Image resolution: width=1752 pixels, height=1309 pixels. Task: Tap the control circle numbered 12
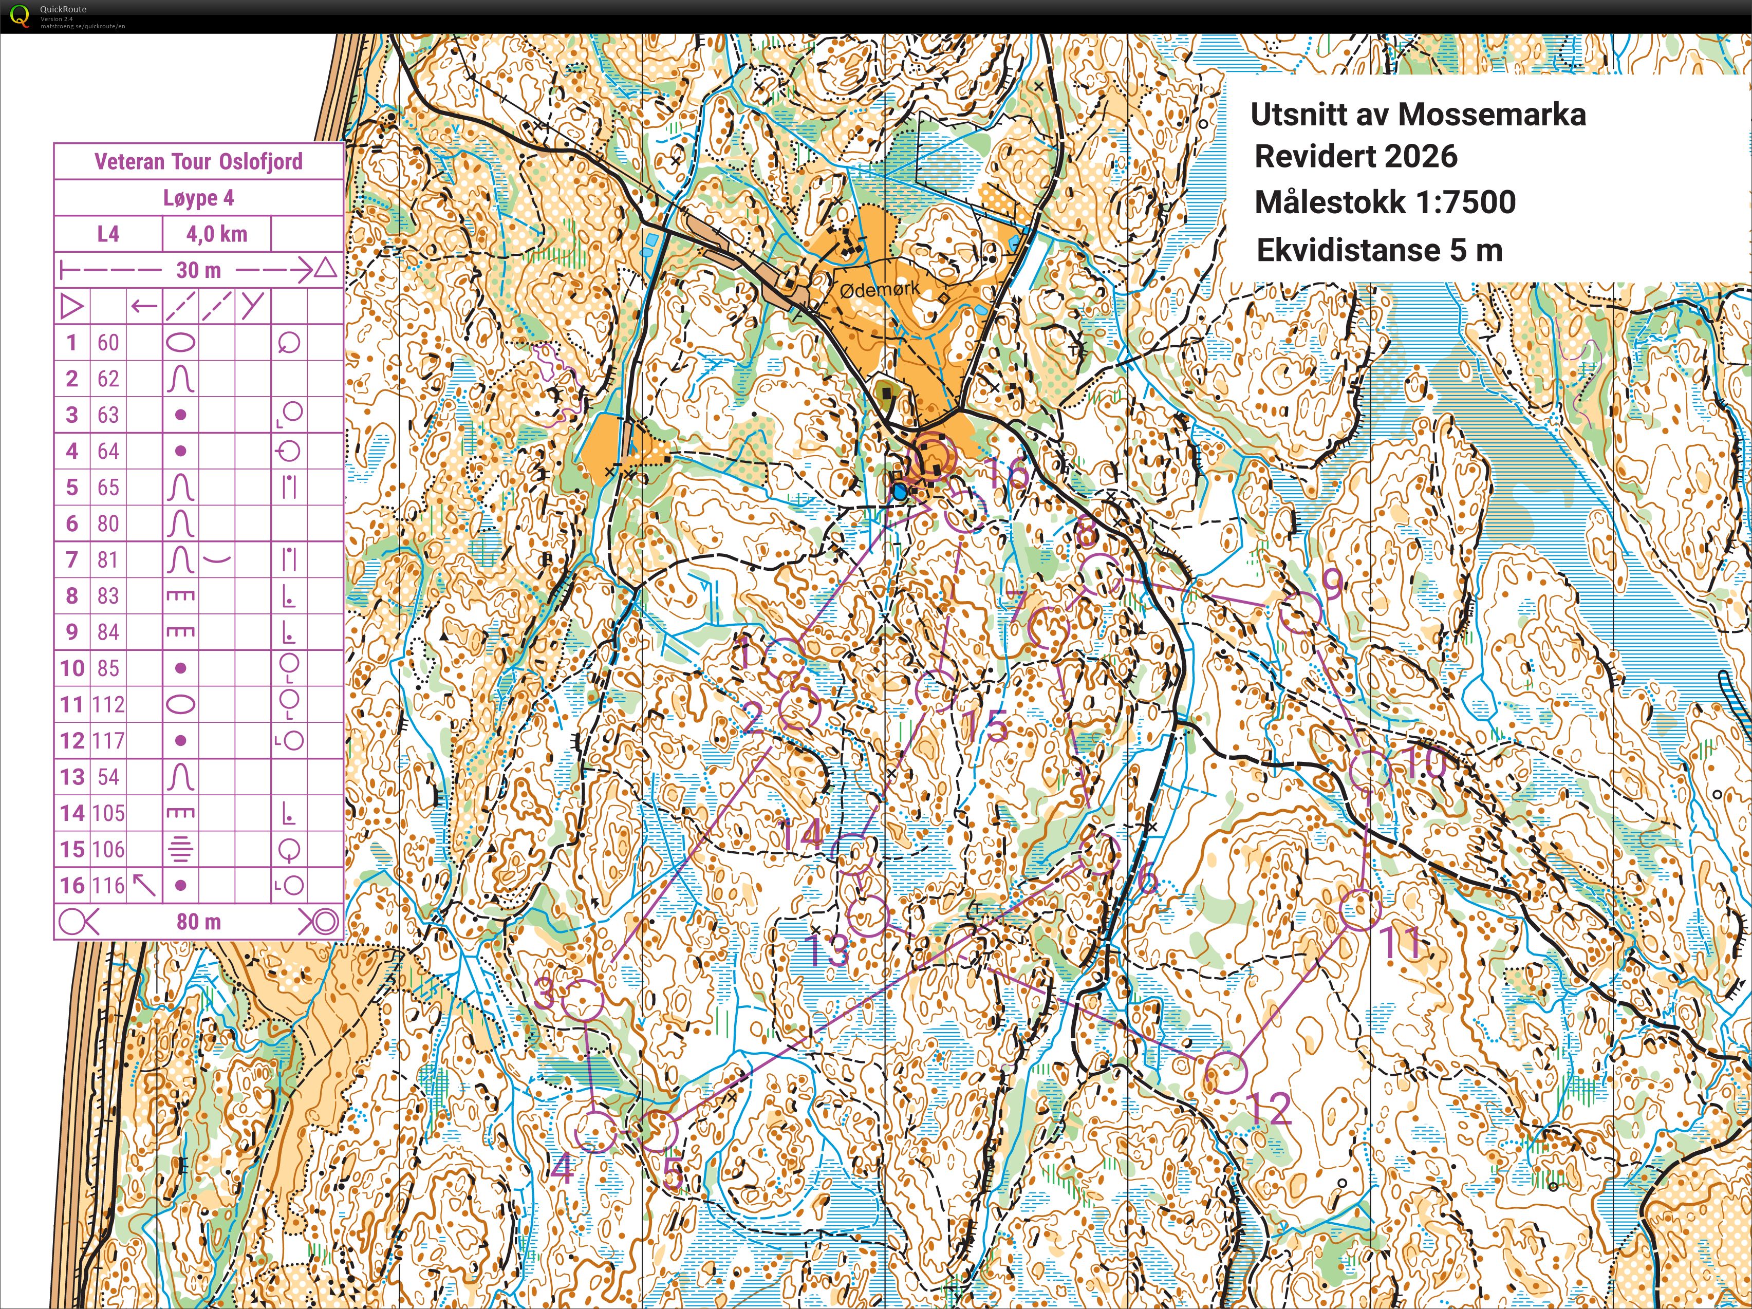pyautogui.click(x=1225, y=1073)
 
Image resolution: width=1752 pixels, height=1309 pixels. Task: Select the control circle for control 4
pyautogui.click(x=594, y=1131)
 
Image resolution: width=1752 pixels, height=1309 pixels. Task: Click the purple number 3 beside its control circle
pyautogui.click(x=544, y=993)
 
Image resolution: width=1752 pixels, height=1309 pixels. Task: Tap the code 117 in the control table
pyautogui.click(x=108, y=740)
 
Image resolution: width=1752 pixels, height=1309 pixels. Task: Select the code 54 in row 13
pyautogui.click(x=108, y=777)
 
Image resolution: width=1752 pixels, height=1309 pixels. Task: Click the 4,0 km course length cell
pyautogui.click(x=216, y=234)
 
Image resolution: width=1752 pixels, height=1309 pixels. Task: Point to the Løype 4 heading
pyautogui.click(x=198, y=198)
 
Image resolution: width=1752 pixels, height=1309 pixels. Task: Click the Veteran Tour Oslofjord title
pyautogui.click(x=198, y=161)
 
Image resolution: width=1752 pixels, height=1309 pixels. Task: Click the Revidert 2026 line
pyautogui.click(x=1355, y=156)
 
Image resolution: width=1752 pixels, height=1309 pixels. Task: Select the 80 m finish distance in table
pyautogui.click(x=198, y=922)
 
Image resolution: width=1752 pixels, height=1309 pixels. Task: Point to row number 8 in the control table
pyautogui.click(x=72, y=595)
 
